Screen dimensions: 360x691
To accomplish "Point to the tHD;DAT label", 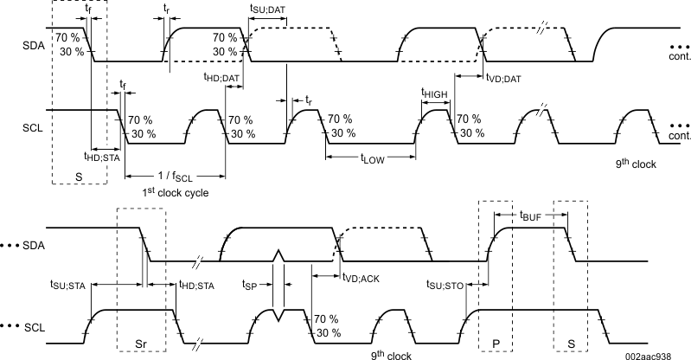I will tap(221, 79).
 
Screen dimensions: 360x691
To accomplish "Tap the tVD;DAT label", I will tap(502, 79).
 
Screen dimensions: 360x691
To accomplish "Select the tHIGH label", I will tap(435, 93).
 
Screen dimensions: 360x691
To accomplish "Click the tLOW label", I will tap(374, 159).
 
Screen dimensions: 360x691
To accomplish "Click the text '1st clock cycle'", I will tap(176, 192).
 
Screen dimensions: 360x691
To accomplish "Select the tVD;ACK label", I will tap(359, 276).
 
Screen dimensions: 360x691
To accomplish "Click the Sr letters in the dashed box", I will tap(140, 343).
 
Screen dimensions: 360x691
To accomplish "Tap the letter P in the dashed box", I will tap(496, 343).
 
